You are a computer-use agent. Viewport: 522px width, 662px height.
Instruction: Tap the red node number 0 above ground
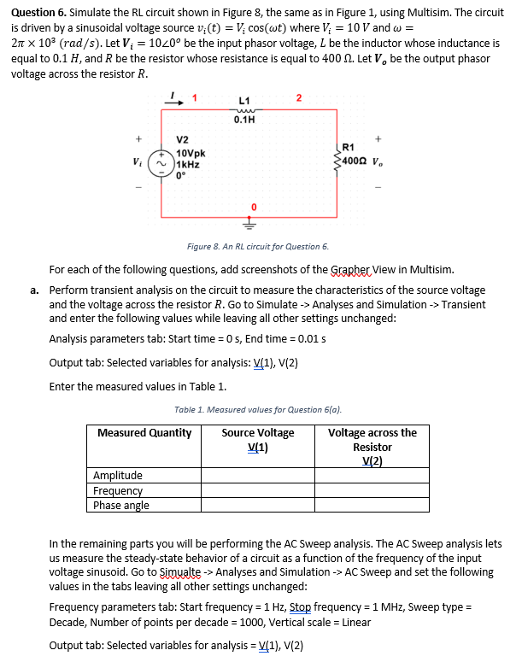253,207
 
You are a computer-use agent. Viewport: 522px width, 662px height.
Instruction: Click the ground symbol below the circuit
253,226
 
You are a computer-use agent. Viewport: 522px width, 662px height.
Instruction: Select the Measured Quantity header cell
144,433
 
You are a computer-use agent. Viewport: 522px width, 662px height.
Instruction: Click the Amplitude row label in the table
118,476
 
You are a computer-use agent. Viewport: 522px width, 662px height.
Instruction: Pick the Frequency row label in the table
118,491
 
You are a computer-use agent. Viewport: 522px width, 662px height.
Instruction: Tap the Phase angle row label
121,506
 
